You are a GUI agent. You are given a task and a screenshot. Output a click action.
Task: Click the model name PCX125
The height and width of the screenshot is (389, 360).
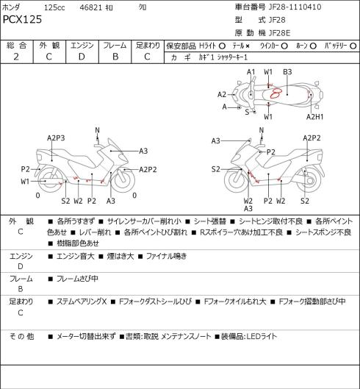22,19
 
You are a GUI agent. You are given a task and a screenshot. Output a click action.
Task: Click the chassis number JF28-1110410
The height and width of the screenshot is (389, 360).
295,7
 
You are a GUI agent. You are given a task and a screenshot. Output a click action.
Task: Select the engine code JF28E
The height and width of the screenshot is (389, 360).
279,33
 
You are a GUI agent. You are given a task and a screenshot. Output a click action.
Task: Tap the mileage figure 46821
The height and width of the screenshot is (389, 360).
91,7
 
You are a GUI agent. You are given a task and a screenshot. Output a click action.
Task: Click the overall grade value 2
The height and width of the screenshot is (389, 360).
16,57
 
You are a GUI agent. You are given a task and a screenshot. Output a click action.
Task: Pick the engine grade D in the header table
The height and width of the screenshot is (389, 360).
82,57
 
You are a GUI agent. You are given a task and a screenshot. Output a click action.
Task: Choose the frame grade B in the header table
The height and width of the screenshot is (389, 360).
115,57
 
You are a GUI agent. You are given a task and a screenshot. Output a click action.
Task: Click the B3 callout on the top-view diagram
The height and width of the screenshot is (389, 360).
287,72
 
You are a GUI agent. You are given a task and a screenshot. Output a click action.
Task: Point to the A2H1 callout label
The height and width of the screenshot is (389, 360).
314,117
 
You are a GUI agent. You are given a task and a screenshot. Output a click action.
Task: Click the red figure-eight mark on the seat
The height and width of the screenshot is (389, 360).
276,93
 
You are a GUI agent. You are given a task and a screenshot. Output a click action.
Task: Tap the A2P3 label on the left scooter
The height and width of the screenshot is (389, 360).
56,138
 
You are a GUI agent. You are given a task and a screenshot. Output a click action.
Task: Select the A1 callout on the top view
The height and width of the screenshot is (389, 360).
251,72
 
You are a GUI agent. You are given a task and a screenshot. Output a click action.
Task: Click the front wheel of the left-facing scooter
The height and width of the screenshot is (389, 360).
123,180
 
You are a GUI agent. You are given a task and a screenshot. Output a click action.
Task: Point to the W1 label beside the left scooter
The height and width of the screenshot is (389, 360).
25,182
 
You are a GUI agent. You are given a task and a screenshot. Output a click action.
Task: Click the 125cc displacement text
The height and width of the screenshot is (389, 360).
54,7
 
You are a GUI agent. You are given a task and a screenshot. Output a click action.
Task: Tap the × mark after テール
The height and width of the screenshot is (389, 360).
248,46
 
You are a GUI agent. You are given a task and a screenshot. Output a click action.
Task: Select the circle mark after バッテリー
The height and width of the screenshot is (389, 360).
353,46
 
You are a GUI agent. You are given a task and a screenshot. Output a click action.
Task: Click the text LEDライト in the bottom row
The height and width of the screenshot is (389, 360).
262,336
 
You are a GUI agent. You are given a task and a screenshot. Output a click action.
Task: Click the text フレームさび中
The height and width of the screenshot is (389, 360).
77,279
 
